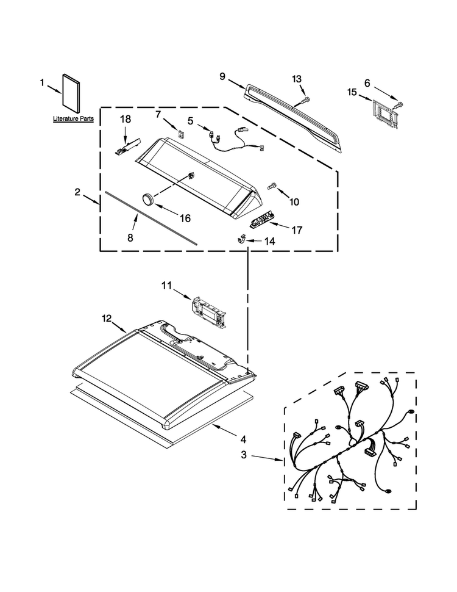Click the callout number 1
[42, 82]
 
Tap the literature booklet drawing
[71, 93]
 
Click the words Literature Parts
[73, 118]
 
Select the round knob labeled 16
[148, 198]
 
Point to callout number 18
[126, 119]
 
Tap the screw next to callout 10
[272, 186]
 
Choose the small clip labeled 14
[241, 239]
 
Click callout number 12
[107, 319]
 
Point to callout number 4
[243, 439]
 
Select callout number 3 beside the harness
[244, 455]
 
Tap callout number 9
[222, 77]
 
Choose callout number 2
[77, 192]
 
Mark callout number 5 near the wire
[190, 121]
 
